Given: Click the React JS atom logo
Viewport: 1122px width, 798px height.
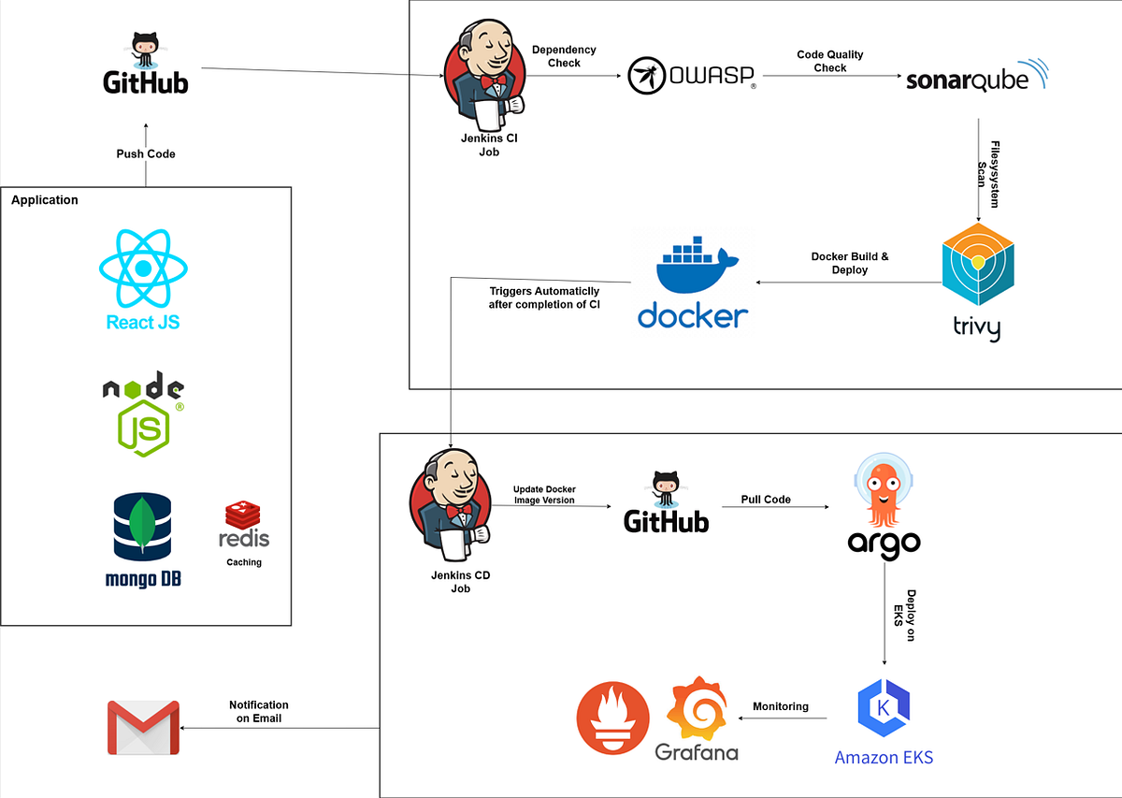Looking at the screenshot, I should click(x=142, y=269).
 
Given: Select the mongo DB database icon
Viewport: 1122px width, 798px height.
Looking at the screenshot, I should click(x=142, y=528).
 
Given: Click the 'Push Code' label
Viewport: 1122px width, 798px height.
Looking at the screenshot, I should click(x=146, y=153).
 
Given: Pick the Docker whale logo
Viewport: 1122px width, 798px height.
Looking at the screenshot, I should click(x=693, y=264).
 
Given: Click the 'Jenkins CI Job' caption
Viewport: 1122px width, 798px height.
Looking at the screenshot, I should click(x=483, y=145).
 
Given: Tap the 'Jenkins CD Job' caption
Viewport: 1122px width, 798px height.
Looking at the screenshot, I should click(x=460, y=583).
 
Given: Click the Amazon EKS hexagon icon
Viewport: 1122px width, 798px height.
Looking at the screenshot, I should click(x=884, y=709).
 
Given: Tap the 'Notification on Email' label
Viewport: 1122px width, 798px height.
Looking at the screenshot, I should click(x=259, y=712).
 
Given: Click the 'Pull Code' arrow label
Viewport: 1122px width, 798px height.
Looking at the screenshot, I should click(x=765, y=500).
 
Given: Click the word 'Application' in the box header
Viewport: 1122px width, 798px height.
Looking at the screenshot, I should click(x=45, y=200).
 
